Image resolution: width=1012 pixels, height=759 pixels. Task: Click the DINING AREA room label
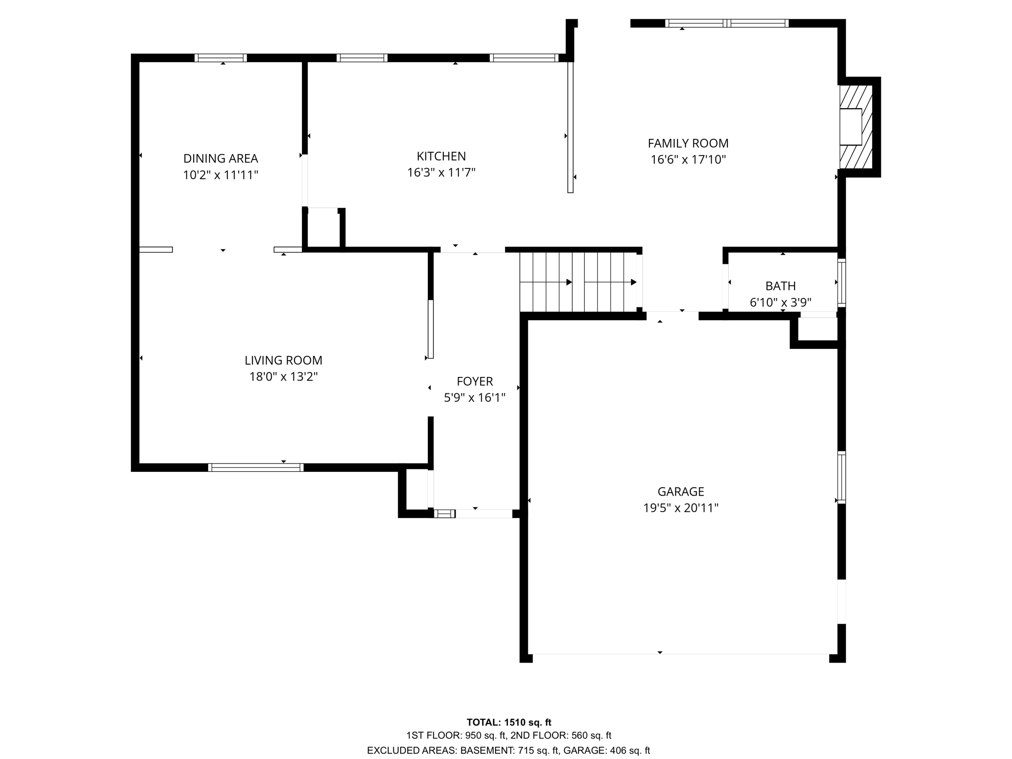click(x=220, y=159)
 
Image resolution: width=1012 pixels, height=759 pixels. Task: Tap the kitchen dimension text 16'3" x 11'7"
click(x=441, y=172)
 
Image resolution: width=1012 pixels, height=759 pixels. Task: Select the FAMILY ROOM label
click(x=688, y=143)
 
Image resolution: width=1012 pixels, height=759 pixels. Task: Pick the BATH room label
click(x=780, y=286)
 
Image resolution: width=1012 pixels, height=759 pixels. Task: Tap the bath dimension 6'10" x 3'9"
click(x=780, y=302)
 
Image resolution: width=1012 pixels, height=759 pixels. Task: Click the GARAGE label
click(x=680, y=492)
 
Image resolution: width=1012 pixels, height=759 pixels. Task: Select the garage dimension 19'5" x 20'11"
click(x=680, y=508)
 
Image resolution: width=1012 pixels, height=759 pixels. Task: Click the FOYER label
click(x=474, y=381)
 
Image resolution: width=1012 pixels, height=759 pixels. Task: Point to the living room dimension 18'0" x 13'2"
click(x=283, y=377)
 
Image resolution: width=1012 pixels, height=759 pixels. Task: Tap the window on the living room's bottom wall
click(x=255, y=467)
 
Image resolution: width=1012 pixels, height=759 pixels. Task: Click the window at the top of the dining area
click(x=220, y=58)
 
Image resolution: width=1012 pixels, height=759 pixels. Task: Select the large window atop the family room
click(x=726, y=23)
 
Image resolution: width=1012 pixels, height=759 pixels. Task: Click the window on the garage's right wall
click(x=842, y=477)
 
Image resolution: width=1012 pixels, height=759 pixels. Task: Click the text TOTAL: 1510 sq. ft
click(x=508, y=722)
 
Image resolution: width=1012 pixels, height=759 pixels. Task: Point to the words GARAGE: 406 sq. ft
click(x=606, y=751)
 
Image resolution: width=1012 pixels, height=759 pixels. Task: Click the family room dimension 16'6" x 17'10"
click(x=688, y=160)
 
